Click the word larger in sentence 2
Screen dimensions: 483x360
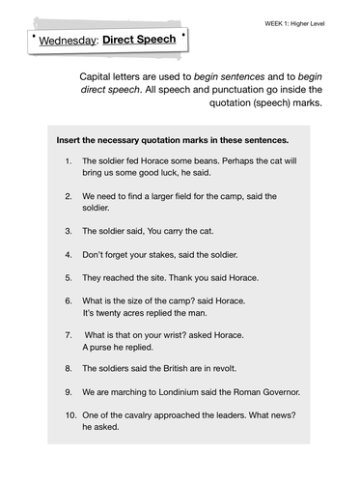[x=173, y=196]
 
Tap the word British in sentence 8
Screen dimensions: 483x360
[x=181, y=369]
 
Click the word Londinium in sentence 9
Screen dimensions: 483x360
[x=164, y=392]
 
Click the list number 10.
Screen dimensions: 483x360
[x=68, y=414]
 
